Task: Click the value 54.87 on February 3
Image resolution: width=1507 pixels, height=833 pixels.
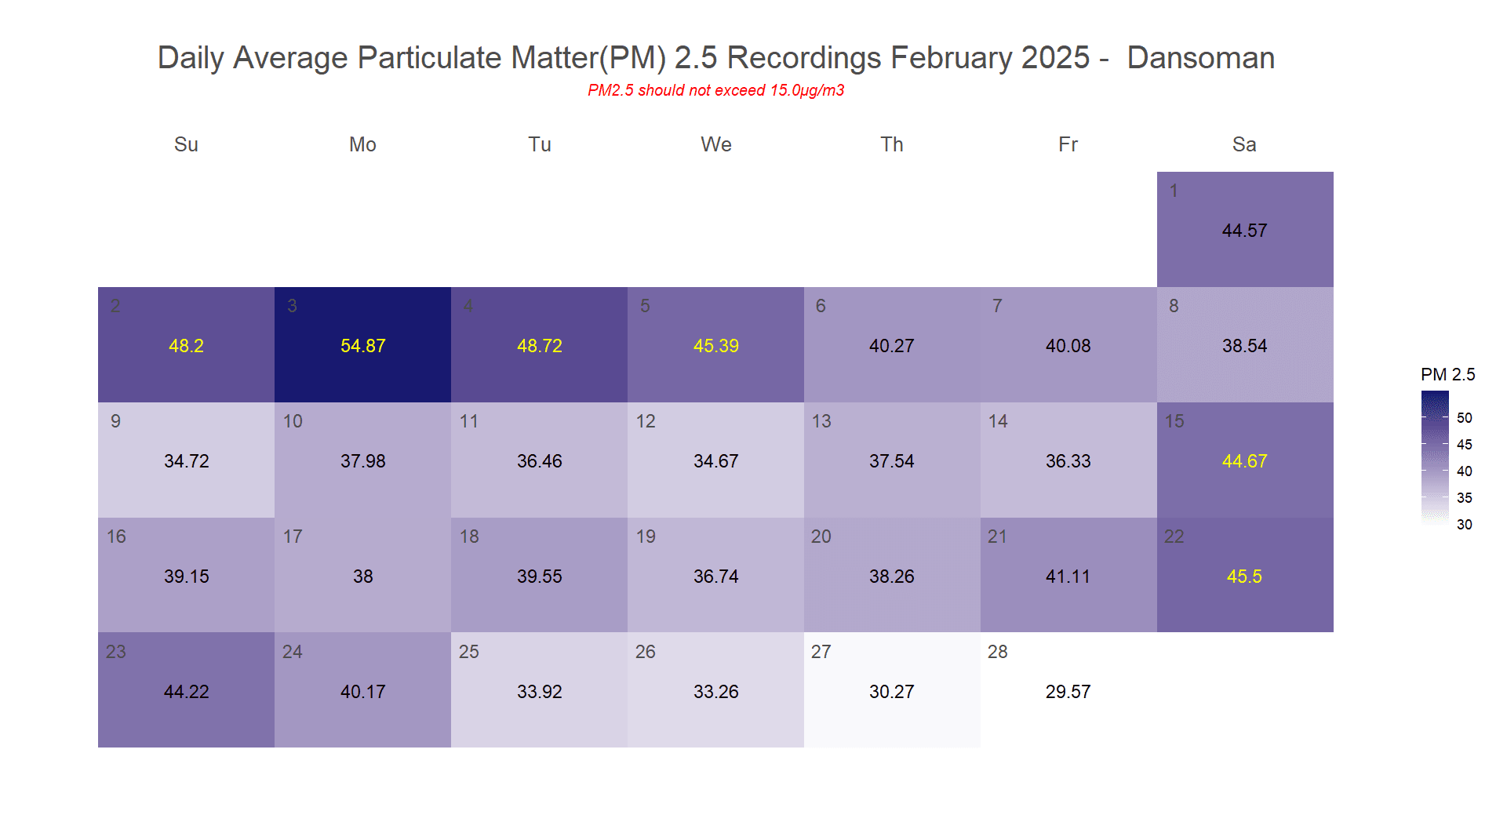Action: click(362, 346)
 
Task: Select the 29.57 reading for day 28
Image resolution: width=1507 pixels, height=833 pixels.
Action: click(1068, 692)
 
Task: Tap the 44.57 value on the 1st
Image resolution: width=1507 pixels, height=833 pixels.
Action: click(1244, 231)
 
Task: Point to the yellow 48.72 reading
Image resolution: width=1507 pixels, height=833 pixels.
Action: click(539, 346)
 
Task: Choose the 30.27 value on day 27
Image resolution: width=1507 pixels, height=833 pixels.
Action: click(891, 692)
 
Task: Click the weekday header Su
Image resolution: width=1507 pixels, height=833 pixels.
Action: click(186, 144)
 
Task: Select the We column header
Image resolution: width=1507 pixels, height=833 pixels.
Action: click(715, 144)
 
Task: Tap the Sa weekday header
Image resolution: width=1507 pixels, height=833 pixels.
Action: click(1244, 144)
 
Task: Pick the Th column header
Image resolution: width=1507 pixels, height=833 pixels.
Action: click(891, 144)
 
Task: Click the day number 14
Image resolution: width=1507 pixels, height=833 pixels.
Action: click(998, 421)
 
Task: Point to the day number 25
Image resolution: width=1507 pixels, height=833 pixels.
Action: click(468, 652)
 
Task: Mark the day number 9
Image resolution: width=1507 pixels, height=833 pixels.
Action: click(115, 421)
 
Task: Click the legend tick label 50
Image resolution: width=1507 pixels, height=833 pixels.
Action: click(1464, 418)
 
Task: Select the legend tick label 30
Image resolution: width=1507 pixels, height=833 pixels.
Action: click(1464, 525)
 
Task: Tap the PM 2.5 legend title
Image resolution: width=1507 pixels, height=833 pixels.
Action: click(1447, 375)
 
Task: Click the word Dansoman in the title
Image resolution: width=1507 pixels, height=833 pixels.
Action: click(1200, 58)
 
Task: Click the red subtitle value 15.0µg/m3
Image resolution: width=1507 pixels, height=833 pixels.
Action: click(806, 90)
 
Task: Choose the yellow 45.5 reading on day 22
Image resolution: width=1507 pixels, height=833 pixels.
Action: click(1244, 577)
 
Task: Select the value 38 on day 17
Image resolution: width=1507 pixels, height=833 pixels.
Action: click(362, 577)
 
